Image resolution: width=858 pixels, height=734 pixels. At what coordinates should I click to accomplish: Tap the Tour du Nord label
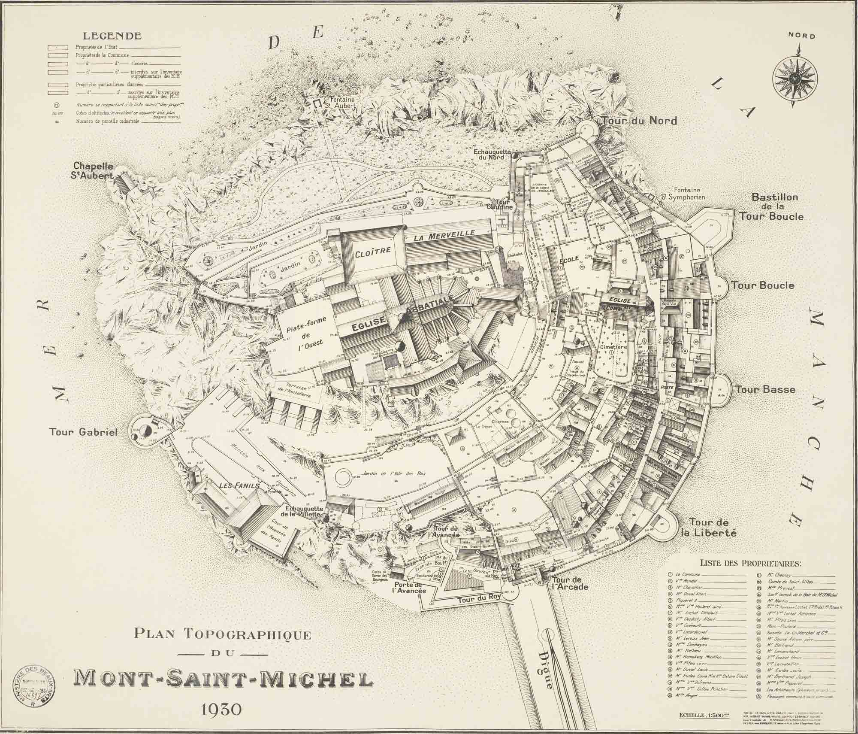639,121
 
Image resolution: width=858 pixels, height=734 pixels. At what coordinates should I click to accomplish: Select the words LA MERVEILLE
444,235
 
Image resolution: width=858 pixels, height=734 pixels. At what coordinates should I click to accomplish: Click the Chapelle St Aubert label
93,171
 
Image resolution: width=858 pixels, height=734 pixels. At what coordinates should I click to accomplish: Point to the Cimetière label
613,346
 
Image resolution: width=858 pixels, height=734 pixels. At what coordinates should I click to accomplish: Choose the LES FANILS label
240,485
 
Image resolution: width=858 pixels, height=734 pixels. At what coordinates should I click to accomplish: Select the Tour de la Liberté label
713,528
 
